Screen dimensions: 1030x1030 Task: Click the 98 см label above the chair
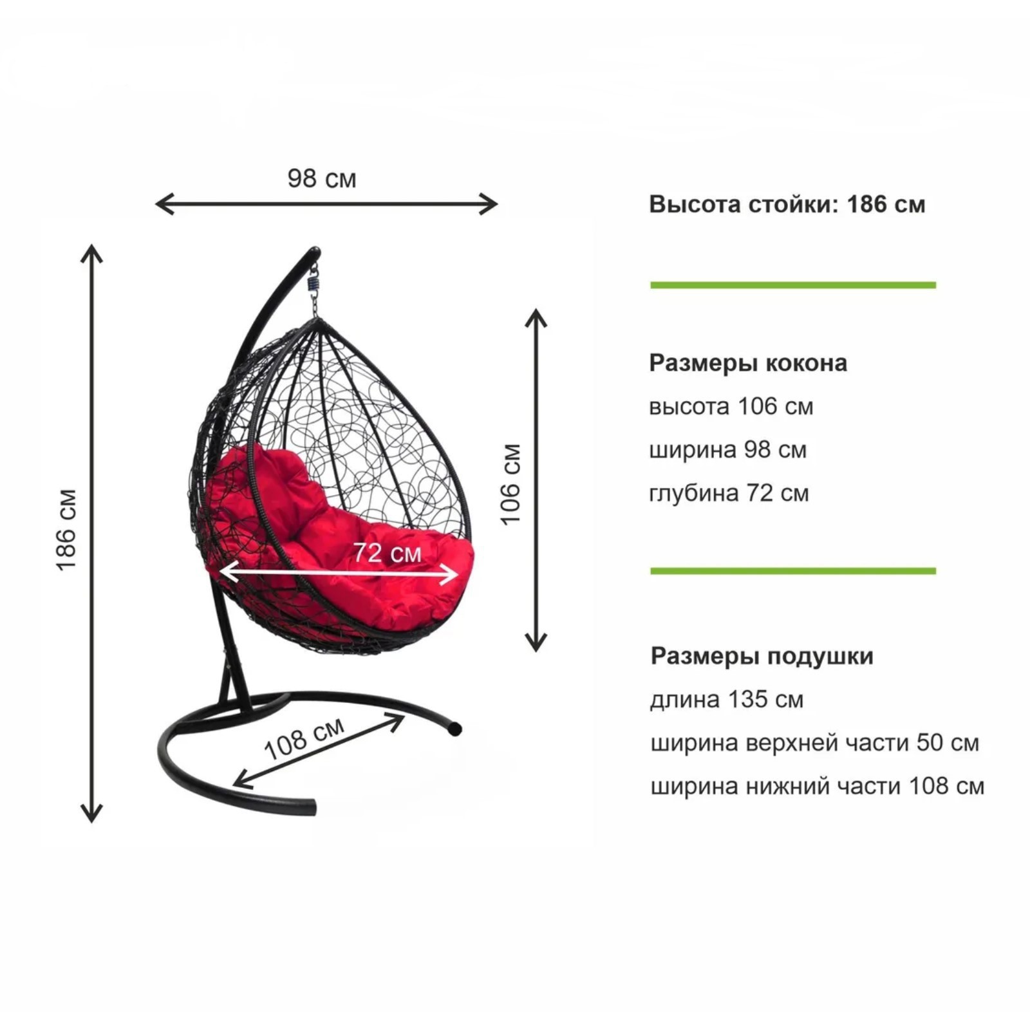click(322, 178)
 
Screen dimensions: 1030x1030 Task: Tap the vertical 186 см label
click(67, 530)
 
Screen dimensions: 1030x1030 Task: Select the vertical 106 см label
click(510, 484)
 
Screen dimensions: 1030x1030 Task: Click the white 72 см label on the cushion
click(388, 552)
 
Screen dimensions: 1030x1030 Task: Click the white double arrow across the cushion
click(339, 572)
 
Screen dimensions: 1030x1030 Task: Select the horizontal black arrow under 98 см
click(326, 205)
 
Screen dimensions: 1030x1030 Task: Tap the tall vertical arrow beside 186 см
click(92, 534)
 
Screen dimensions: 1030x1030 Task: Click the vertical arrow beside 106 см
click(536, 480)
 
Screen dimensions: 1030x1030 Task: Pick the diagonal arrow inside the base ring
click(318, 751)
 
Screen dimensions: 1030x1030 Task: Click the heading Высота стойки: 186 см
click(787, 204)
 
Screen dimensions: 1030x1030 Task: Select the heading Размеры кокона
click(748, 363)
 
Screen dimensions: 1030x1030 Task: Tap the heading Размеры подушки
click(762, 656)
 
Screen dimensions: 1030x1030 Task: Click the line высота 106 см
click(731, 407)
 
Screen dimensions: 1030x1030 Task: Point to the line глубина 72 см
click(729, 493)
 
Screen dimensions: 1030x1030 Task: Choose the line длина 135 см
click(727, 700)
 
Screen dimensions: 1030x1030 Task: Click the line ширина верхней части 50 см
click(815, 743)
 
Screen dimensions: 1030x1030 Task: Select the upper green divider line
click(793, 285)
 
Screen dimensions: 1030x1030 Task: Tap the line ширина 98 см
click(728, 450)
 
